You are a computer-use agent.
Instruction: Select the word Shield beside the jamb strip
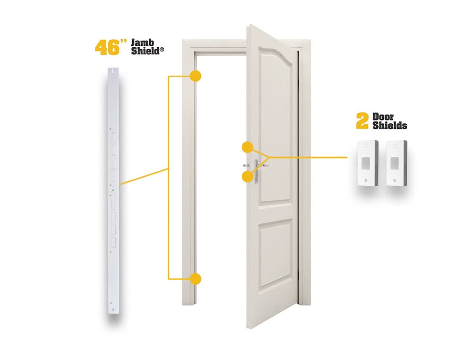click(x=144, y=51)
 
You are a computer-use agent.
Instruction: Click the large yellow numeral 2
click(x=362, y=121)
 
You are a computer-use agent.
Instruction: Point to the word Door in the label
click(x=383, y=117)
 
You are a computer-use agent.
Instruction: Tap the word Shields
click(x=389, y=126)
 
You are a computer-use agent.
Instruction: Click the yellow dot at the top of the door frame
click(x=195, y=76)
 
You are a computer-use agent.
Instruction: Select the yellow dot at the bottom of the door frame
click(x=195, y=279)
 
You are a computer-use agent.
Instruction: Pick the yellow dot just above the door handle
click(x=247, y=147)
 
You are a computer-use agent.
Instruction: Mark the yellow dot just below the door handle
click(x=247, y=177)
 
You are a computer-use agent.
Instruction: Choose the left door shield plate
click(x=367, y=163)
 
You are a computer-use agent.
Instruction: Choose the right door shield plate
click(x=395, y=163)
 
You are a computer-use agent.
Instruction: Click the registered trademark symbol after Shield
click(x=161, y=51)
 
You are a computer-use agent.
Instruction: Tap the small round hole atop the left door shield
click(x=367, y=146)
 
